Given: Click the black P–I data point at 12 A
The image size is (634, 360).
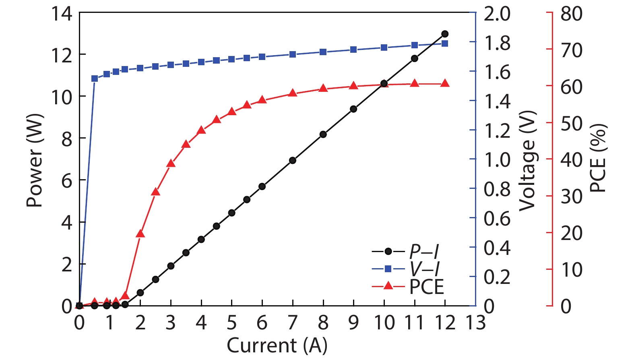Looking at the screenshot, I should [x=445, y=34].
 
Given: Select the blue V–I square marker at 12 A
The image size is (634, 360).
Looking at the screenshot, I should [x=445, y=43].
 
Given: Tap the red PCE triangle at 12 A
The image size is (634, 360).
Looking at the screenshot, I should [x=445, y=83].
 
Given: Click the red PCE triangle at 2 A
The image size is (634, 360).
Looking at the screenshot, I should [x=140, y=234].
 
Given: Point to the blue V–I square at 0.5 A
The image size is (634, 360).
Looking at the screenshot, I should [x=95, y=79].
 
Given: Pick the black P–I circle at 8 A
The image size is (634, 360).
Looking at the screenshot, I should [x=323, y=134].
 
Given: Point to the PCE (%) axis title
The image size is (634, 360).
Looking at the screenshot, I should [x=598, y=158].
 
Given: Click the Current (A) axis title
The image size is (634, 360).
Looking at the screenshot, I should [x=277, y=346].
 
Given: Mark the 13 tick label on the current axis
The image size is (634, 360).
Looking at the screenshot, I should [x=475, y=323].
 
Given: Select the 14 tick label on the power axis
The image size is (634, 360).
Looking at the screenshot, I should [x=61, y=14].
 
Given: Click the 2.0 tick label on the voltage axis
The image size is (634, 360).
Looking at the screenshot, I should [x=497, y=14].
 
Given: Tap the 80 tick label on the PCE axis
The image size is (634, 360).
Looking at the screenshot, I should [x=571, y=14].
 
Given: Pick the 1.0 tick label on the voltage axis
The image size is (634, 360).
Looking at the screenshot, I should [x=497, y=160].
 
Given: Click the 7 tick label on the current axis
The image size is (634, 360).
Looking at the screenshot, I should [x=293, y=323].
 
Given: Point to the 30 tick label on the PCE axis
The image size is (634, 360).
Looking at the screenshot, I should [x=571, y=197].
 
